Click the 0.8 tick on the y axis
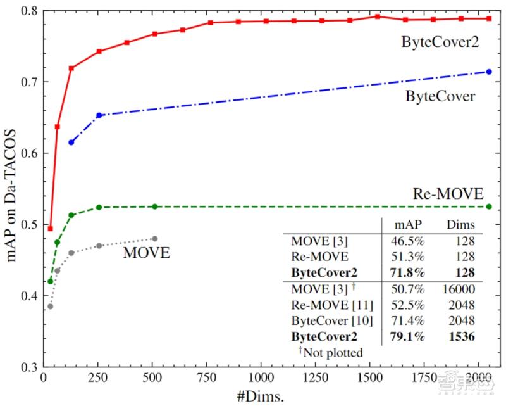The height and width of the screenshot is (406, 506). click(30, 11)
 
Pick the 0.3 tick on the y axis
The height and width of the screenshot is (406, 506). click(30, 367)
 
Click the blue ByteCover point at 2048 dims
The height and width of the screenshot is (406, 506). click(488, 72)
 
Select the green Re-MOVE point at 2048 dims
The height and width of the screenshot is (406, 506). click(488, 206)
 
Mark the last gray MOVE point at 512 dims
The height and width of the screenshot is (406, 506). click(155, 239)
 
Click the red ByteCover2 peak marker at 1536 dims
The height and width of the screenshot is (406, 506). click(377, 16)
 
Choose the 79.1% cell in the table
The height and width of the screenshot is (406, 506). click(406, 337)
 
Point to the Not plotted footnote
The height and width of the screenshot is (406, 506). click(330, 352)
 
